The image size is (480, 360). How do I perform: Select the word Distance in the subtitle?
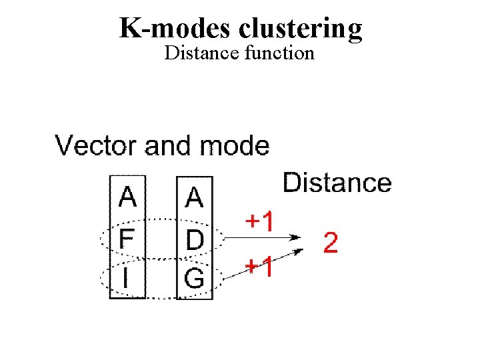(x=201, y=53)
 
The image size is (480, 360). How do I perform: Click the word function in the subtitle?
(x=279, y=53)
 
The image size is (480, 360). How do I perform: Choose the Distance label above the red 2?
(x=337, y=182)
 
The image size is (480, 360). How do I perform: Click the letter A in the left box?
(x=127, y=198)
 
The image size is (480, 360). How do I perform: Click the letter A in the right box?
(x=194, y=198)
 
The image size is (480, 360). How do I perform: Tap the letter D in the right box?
(x=194, y=239)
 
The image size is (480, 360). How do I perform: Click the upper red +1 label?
(x=259, y=221)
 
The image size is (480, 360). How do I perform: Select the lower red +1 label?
(x=259, y=268)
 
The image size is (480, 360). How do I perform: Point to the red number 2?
(x=330, y=243)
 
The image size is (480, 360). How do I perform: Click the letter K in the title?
(x=131, y=28)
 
